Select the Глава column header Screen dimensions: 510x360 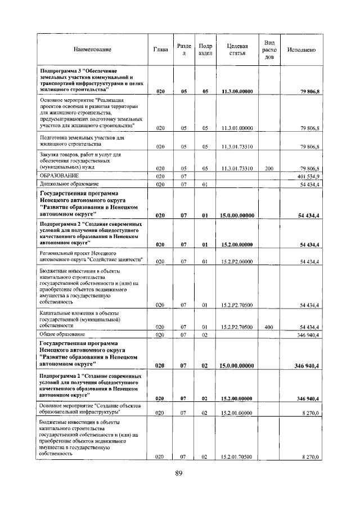160,50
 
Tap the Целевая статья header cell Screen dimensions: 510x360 237,50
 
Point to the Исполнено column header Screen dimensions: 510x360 301,50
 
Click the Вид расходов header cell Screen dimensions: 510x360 269,50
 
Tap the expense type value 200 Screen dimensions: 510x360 269,168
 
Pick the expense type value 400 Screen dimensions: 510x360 269,327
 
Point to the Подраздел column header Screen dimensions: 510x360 205,50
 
